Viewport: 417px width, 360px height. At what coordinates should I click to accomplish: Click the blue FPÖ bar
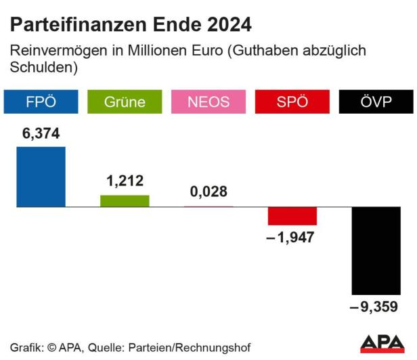point(41,177)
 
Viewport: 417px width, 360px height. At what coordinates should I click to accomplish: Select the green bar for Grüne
point(125,200)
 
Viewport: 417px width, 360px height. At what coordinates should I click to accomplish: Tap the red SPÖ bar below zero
point(292,216)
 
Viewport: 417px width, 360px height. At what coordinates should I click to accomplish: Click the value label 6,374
point(41,134)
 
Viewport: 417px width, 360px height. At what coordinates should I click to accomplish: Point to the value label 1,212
point(125,181)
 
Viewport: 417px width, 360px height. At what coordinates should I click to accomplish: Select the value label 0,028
point(208,192)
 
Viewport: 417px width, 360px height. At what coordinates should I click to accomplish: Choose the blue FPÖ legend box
point(41,102)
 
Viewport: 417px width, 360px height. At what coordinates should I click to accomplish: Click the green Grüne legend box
point(125,102)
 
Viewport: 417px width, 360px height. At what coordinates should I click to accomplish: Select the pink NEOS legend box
point(208,102)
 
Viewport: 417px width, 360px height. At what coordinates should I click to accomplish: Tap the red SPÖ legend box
point(292,102)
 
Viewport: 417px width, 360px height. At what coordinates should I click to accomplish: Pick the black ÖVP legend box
point(376,102)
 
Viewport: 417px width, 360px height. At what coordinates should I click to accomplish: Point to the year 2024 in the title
point(228,25)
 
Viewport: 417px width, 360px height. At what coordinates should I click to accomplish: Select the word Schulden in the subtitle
point(40,68)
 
